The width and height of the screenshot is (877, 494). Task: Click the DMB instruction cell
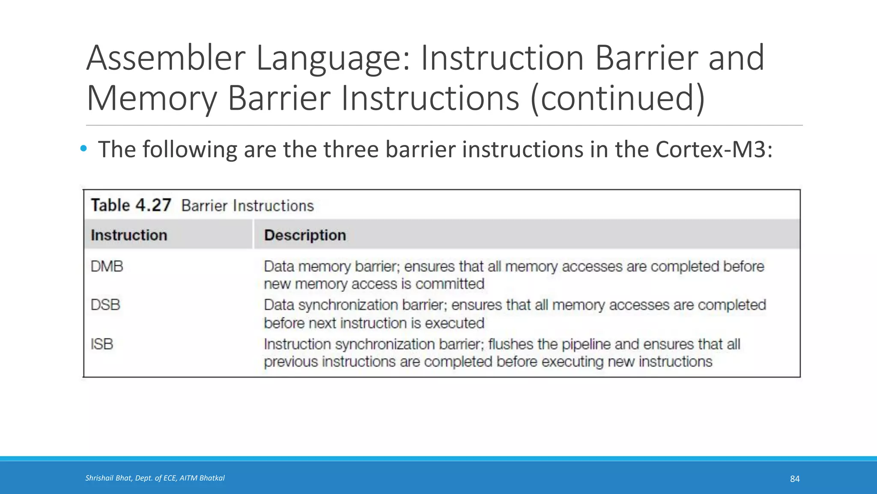click(x=107, y=267)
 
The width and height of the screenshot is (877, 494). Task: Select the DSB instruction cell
click(x=106, y=305)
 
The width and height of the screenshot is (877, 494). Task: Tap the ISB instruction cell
click(x=102, y=344)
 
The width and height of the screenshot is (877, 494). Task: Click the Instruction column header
click(x=129, y=235)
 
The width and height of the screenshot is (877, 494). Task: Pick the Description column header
click(x=305, y=235)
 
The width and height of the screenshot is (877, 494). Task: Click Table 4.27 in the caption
click(x=131, y=205)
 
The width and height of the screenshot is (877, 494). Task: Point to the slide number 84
click(x=795, y=479)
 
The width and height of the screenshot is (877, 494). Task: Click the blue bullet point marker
click(x=84, y=149)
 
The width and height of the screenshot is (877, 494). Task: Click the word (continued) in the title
click(x=617, y=98)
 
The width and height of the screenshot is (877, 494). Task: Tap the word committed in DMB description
click(x=450, y=284)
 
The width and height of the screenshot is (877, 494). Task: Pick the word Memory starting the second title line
click(x=152, y=98)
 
